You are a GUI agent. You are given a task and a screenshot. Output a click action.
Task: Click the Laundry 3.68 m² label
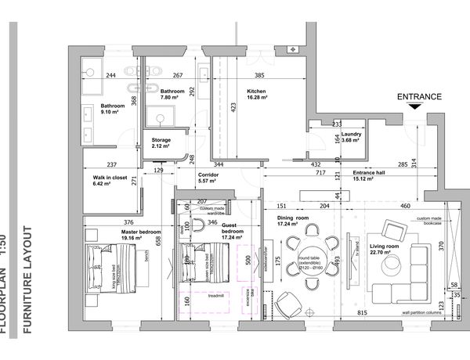351,137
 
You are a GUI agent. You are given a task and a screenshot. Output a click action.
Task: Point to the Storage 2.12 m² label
161,143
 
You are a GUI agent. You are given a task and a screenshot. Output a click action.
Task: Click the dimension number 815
363,313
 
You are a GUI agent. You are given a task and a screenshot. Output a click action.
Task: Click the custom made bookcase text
435,220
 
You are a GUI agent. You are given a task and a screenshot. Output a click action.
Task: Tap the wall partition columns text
427,311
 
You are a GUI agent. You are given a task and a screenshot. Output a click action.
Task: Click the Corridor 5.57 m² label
208,178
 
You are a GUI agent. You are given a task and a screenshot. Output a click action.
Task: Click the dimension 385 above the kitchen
259,76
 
